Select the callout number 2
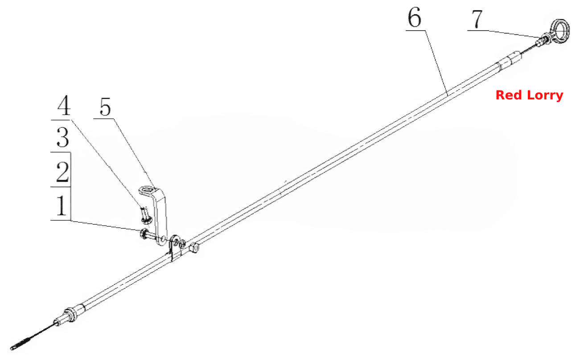[62, 172]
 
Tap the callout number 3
[63, 137]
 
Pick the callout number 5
[105, 107]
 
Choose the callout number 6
[415, 17]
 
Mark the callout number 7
[477, 19]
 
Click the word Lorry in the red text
[545, 96]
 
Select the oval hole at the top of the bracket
[147, 190]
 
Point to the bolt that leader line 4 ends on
[146, 215]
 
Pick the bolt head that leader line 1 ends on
[144, 233]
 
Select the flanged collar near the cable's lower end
[71, 315]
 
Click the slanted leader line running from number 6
[436, 63]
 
